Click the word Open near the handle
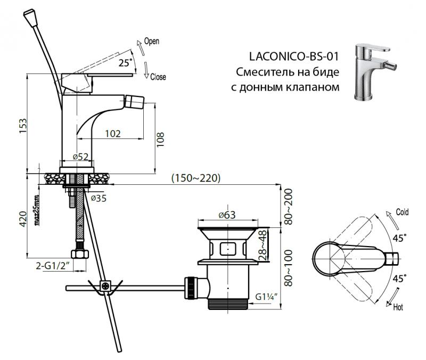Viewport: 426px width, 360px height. point(152,40)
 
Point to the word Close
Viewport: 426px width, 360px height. point(158,77)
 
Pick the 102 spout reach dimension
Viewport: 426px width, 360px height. point(112,133)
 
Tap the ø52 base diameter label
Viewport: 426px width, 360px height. point(80,157)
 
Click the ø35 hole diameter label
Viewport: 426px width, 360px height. point(100,198)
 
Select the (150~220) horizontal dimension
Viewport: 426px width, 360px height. point(196,178)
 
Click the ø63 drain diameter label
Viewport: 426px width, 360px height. point(227,215)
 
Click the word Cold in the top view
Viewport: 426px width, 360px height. point(402,212)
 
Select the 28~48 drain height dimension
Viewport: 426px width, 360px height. point(263,246)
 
